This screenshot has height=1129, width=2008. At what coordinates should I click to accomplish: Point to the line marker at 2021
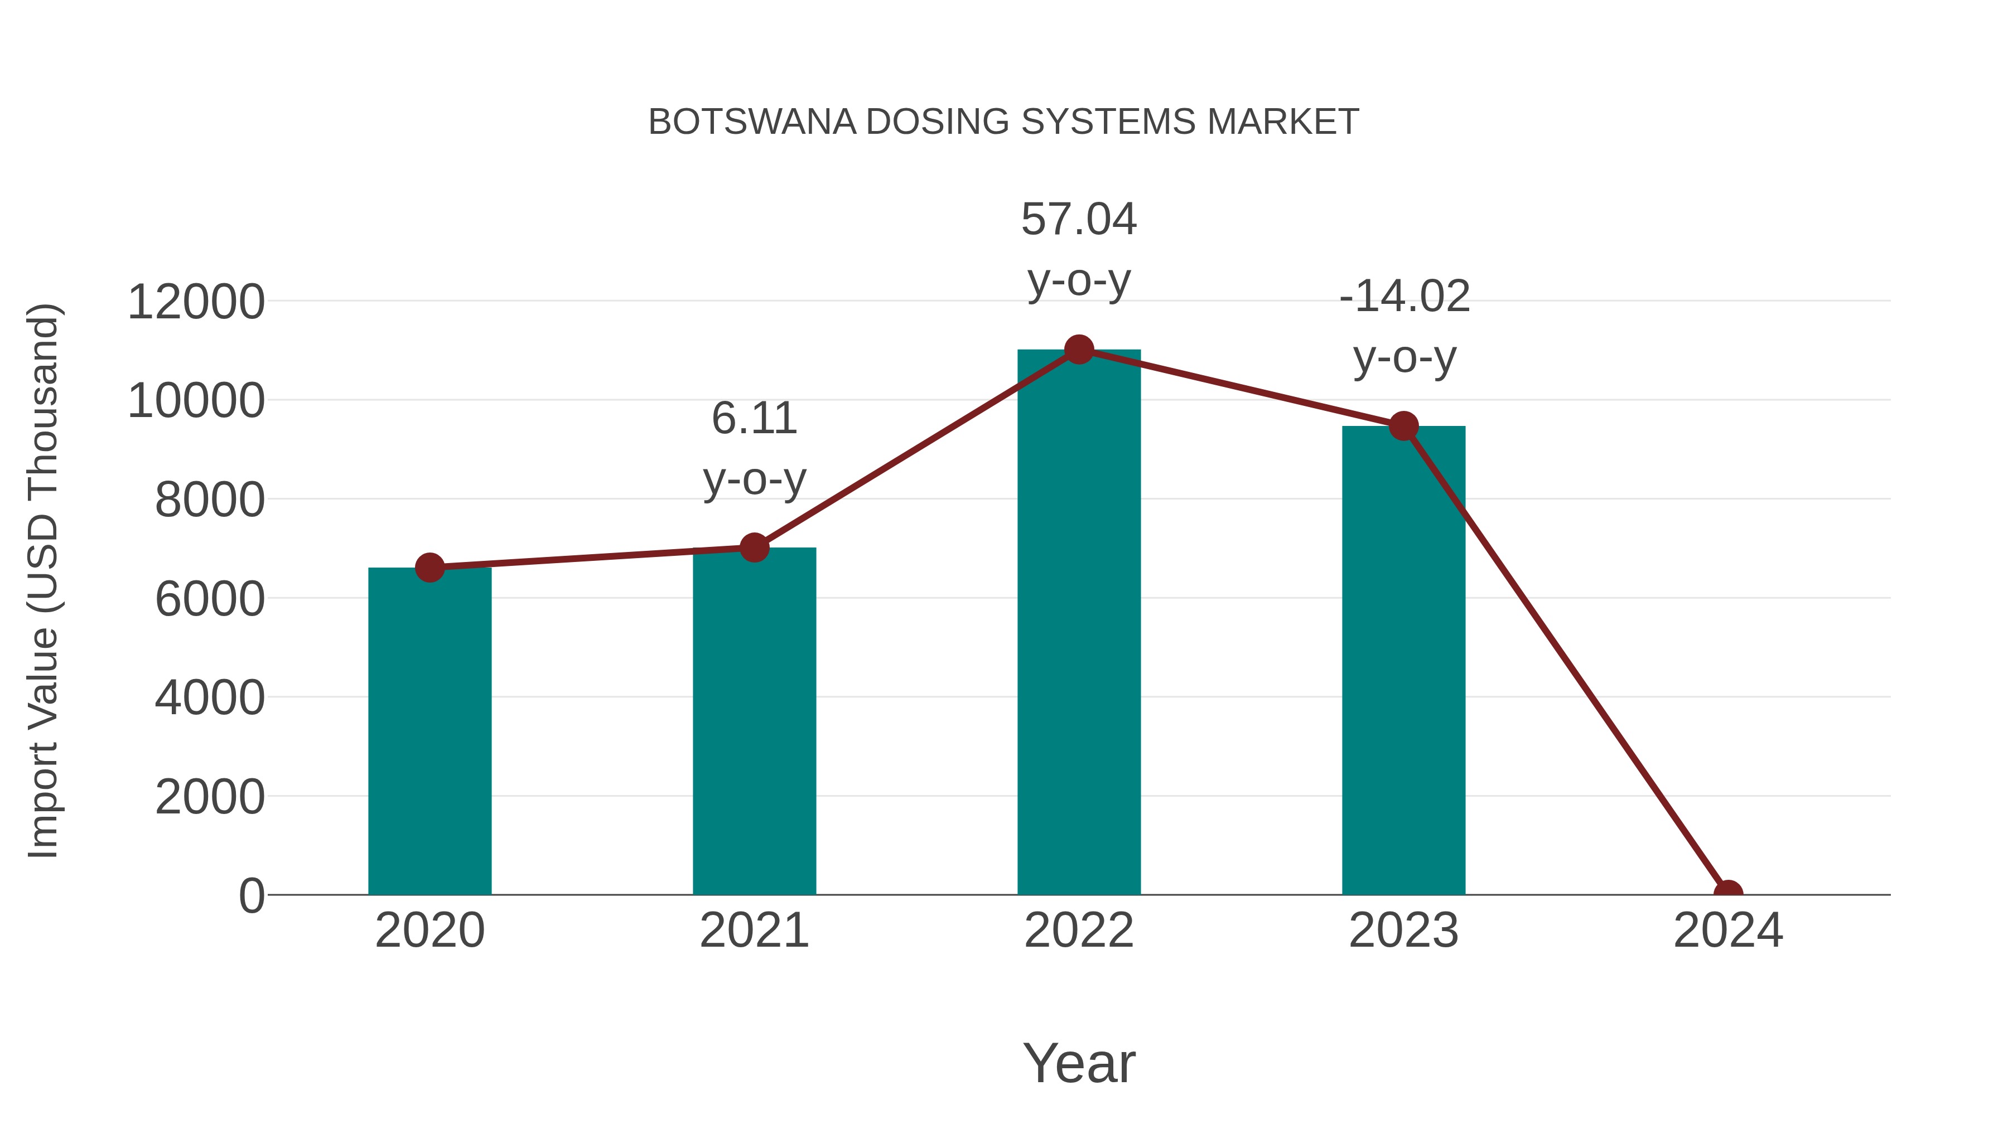(x=754, y=547)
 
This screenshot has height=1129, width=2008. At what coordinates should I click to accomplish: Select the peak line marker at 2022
(x=1079, y=350)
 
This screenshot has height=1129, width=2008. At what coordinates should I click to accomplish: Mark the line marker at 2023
(x=1403, y=426)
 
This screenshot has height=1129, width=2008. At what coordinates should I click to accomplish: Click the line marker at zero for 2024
(x=1728, y=893)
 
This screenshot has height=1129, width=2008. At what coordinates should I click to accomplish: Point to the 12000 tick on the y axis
(x=196, y=302)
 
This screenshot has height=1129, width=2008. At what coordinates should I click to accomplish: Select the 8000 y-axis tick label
(x=210, y=500)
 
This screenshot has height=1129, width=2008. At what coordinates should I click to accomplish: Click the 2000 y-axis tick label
(x=210, y=797)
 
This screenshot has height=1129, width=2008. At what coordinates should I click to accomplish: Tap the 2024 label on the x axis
(x=1728, y=931)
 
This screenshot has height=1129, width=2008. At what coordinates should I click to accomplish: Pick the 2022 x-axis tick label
(x=1079, y=931)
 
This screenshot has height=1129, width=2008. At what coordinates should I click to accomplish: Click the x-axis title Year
(x=1079, y=1063)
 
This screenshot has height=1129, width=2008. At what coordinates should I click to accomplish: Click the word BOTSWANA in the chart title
(x=752, y=122)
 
